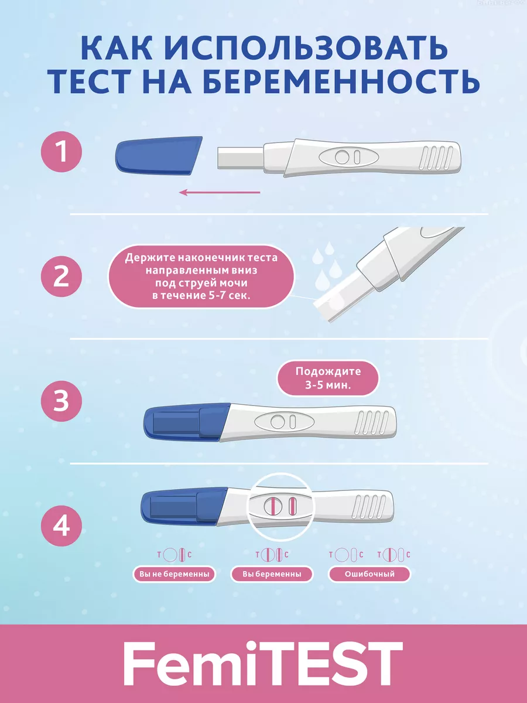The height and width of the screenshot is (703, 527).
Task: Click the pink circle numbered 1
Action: click(x=61, y=152)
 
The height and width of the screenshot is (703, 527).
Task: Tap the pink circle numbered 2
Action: click(x=61, y=277)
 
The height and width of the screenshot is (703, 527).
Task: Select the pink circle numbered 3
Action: click(x=61, y=401)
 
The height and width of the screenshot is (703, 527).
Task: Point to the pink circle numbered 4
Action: click(x=61, y=525)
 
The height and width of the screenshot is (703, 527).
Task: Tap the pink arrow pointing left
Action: click(x=220, y=192)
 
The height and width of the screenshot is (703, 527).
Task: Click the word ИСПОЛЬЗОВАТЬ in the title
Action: click(x=307, y=48)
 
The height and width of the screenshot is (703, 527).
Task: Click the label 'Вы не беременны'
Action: click(x=174, y=574)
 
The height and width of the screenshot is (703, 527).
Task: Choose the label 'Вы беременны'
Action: click(x=272, y=574)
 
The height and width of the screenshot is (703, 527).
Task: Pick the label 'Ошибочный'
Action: click(x=369, y=574)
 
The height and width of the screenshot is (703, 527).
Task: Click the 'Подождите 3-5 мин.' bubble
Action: click(x=328, y=378)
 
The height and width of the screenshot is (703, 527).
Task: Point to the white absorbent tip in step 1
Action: click(x=241, y=158)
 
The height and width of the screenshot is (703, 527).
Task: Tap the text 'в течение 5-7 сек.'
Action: click(x=201, y=295)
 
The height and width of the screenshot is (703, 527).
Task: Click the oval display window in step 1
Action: click(x=349, y=157)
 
